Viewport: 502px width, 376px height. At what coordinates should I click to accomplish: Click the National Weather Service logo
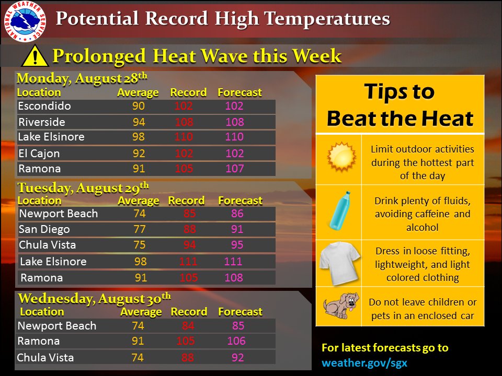tap(25, 21)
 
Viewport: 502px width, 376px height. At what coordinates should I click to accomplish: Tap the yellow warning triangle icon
tap(35, 56)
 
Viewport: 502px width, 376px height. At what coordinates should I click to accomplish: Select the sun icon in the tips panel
tap(341, 157)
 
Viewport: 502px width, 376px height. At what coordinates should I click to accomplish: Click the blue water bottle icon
tap(340, 210)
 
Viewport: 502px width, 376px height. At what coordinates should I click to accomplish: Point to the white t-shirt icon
tap(339, 263)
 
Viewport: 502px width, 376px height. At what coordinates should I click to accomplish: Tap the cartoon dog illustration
tap(340, 306)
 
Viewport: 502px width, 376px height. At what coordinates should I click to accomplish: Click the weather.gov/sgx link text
tap(364, 363)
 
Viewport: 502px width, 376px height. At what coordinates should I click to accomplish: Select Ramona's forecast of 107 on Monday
tap(235, 169)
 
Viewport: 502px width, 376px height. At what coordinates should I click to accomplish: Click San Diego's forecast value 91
tap(237, 229)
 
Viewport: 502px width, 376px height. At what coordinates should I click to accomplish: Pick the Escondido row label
tap(44, 106)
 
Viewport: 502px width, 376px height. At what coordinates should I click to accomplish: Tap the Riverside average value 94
tap(139, 122)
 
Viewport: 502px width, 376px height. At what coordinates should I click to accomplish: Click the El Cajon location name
tap(39, 154)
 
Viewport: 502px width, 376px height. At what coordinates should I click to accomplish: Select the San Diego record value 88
tap(189, 229)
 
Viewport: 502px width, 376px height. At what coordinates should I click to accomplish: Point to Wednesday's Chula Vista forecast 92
tap(237, 357)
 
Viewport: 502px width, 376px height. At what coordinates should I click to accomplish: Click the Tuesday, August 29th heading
tap(83, 187)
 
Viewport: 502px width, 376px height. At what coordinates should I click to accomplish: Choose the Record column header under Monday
tap(188, 92)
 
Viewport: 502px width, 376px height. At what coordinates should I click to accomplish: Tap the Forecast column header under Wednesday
tap(240, 312)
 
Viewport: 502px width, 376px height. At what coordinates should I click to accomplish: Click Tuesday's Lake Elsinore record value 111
tap(188, 262)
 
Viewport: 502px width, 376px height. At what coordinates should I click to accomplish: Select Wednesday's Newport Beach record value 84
tap(188, 326)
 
